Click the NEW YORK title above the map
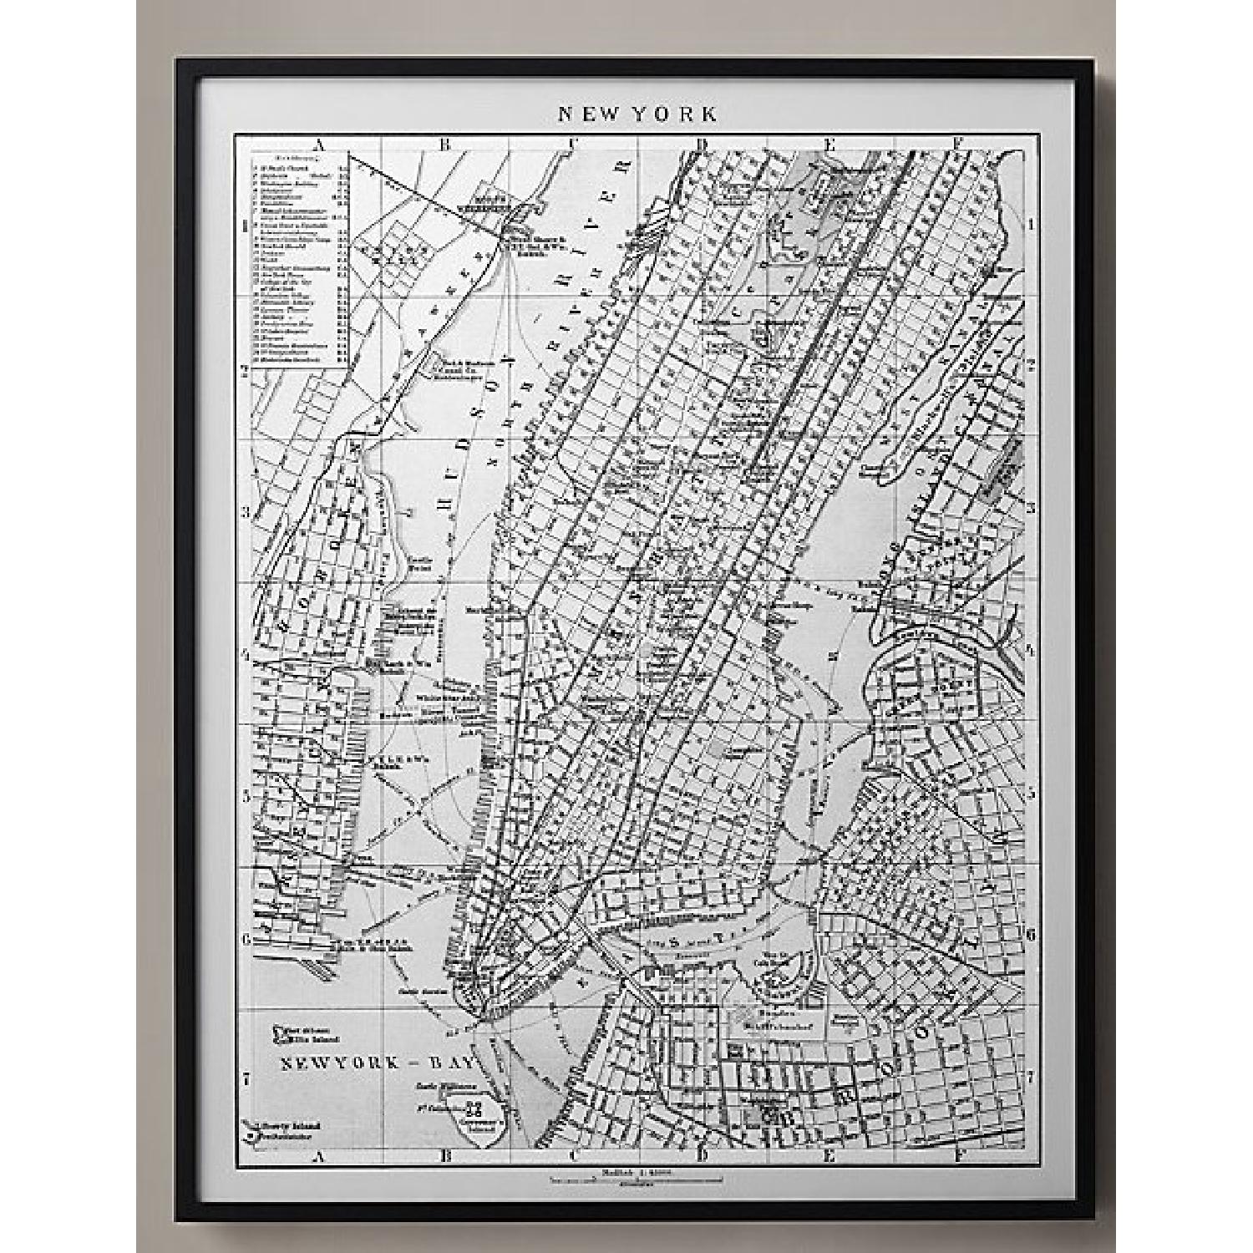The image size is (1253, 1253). pos(637,114)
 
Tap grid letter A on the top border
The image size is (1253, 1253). pos(316,145)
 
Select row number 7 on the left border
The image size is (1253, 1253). pos(246,1079)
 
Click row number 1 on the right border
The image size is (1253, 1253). pos(1032,224)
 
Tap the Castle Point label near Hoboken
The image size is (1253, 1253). pos(419,563)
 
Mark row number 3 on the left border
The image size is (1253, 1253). pos(246,511)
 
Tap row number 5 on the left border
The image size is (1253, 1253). pos(246,795)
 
